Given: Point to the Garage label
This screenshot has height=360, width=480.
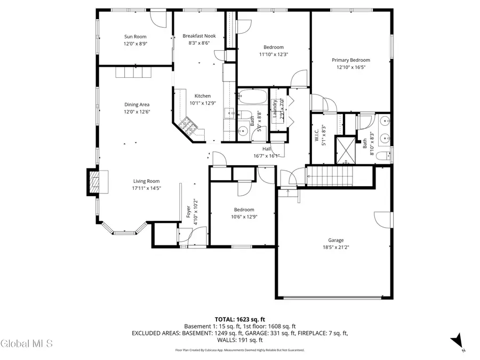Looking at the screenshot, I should [335, 240].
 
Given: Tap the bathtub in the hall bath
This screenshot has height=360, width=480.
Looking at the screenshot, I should [252, 98].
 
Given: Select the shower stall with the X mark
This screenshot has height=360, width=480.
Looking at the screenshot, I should [343, 150].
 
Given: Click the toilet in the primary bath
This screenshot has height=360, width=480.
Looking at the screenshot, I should [382, 156].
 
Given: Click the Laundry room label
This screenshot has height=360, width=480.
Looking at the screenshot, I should [276, 109].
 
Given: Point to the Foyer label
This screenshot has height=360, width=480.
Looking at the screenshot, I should [188, 212].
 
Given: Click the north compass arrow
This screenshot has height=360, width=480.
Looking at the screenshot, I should [457, 341].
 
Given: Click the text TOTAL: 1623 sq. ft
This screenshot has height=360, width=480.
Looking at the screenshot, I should [240, 318].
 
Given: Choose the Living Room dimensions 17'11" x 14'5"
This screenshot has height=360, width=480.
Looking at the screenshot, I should [139, 188].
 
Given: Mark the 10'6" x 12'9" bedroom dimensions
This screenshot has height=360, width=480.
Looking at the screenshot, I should [243, 217].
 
